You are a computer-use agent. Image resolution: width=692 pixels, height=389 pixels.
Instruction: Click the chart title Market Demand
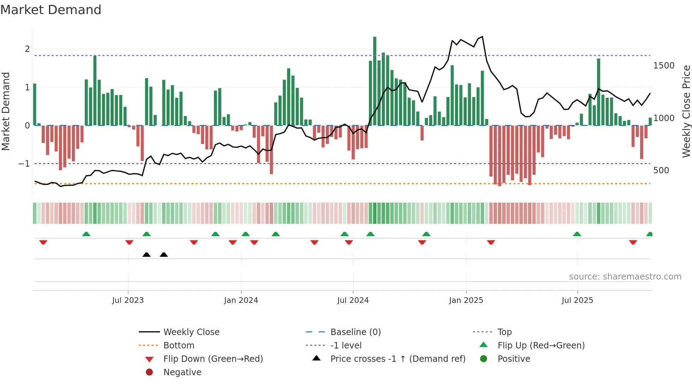[51, 10]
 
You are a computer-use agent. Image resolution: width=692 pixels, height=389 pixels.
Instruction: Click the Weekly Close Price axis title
[686, 111]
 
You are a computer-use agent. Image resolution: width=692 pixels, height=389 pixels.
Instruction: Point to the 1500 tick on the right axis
[663, 66]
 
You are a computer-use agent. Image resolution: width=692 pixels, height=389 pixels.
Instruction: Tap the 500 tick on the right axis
[661, 170]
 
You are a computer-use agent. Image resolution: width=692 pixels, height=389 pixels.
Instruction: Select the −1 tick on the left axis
[24, 164]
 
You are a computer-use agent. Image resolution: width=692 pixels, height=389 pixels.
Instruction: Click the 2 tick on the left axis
[27, 49]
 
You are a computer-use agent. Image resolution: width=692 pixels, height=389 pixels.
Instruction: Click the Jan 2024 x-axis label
[241, 300]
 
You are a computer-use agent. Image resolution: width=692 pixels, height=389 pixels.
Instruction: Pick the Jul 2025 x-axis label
[577, 300]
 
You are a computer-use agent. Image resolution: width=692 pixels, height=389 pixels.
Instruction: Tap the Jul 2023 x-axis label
[128, 300]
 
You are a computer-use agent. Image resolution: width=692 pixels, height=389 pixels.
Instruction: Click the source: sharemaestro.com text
[625, 277]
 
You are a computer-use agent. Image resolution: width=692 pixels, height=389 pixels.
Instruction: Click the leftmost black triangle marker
[147, 255]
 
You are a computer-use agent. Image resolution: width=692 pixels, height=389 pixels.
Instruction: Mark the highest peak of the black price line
[482, 36]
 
